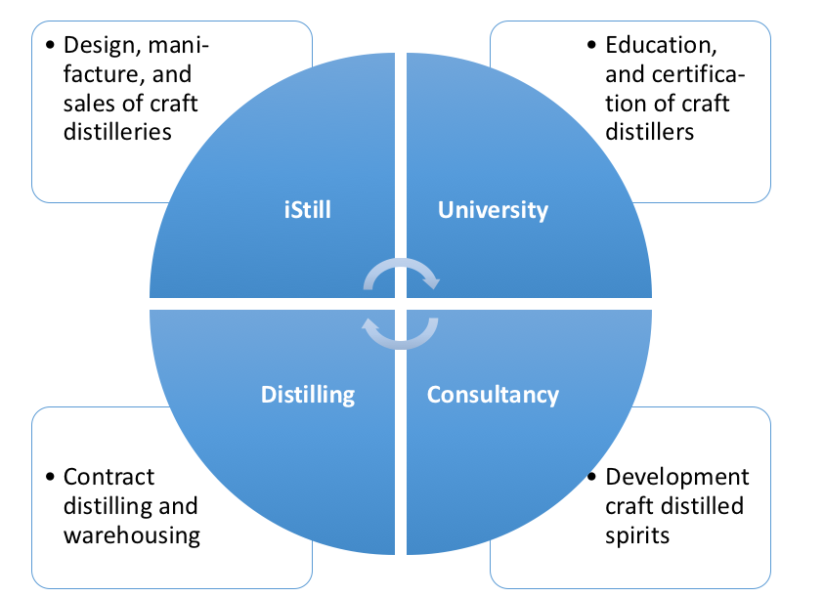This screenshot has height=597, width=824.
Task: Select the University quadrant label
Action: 493,210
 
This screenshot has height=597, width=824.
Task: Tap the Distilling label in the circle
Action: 307,395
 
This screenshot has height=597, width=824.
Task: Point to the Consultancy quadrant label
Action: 493,395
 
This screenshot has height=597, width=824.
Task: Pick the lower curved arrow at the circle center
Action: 401,333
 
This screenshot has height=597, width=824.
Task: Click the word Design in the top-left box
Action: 96,45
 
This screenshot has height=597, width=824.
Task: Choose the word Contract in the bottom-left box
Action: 108,477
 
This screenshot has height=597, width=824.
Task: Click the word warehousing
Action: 132,534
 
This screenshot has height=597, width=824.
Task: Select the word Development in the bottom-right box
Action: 676,477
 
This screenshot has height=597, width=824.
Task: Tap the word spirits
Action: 637,534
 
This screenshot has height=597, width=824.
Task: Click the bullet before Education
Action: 590,46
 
